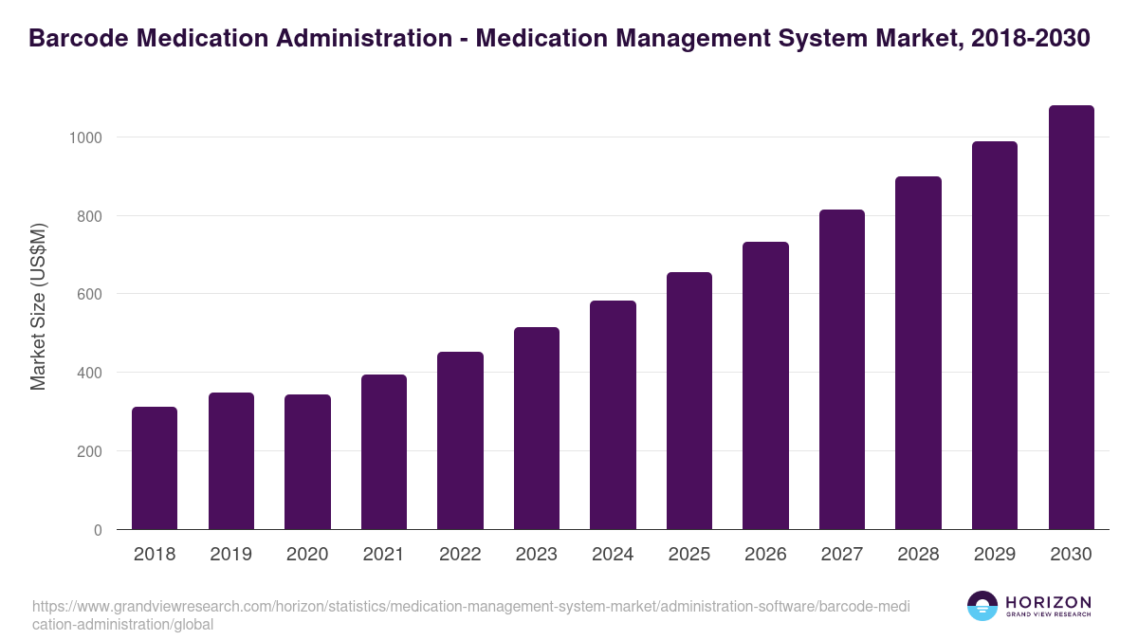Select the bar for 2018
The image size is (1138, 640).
click(155, 468)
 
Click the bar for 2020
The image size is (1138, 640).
click(307, 462)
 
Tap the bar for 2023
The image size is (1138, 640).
click(537, 429)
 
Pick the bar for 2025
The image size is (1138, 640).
click(689, 401)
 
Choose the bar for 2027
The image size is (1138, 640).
click(842, 370)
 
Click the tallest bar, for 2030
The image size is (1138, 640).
click(1071, 318)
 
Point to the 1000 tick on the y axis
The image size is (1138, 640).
click(85, 137)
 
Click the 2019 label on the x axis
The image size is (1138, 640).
click(230, 555)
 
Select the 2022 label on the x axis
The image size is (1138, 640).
click(460, 555)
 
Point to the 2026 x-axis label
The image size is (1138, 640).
click(765, 555)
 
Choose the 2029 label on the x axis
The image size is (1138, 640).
click(995, 555)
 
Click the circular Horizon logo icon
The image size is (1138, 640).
click(982, 606)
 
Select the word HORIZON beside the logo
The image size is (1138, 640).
click(1048, 602)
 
